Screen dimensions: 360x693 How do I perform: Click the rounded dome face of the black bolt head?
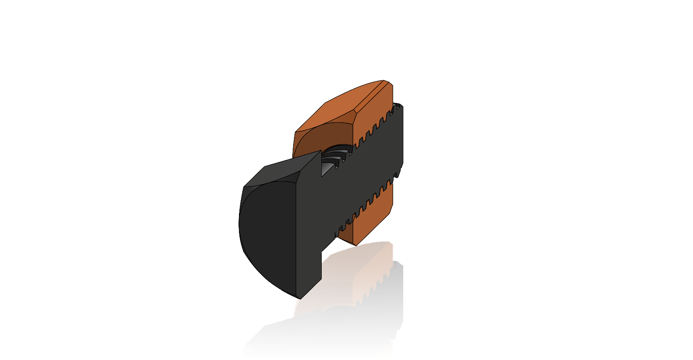pos(267,235)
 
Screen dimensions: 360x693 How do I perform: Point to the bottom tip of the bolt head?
pos(300,299)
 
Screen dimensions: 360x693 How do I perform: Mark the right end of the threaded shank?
pos(402,134)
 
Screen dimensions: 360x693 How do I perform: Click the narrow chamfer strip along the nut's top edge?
pos(370,95)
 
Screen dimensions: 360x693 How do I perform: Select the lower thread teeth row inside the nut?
pos(365,206)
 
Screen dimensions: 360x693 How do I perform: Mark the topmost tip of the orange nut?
pos(383,81)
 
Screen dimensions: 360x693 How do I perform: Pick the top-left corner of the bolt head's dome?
pos(244,186)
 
